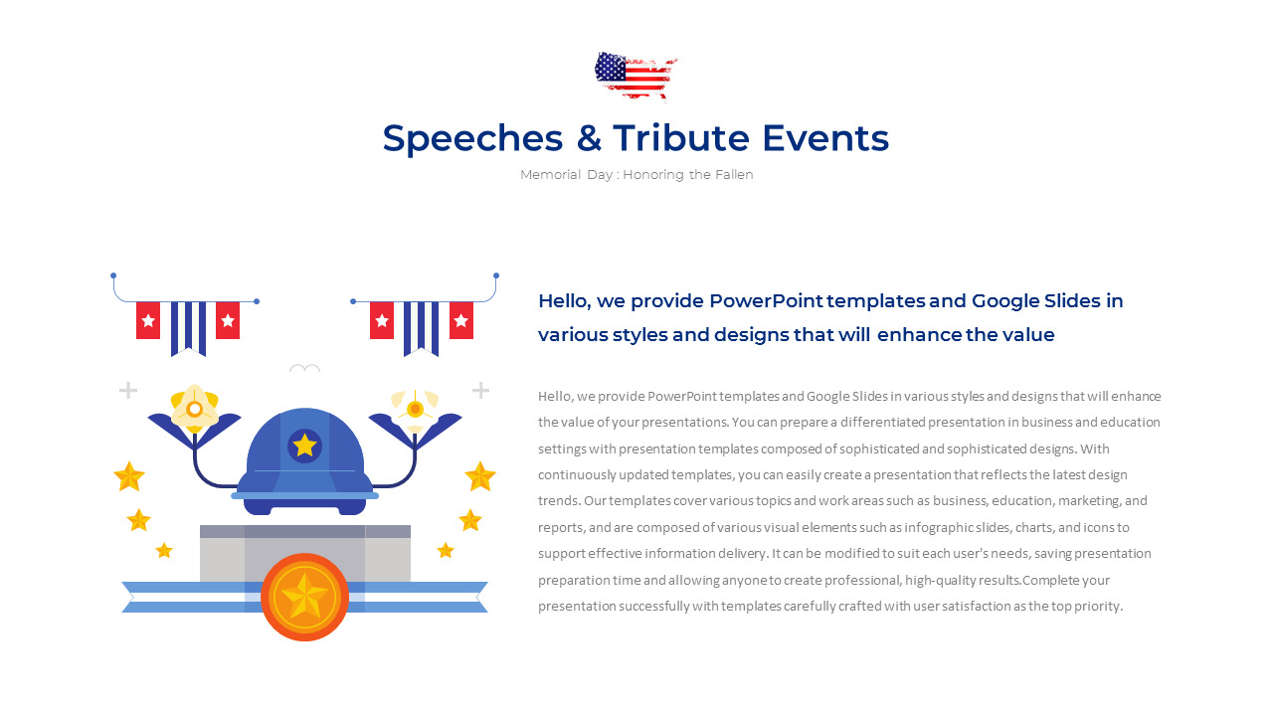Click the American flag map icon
635,76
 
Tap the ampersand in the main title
589,138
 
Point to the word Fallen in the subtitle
734,175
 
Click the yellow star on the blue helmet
304,446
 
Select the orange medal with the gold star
304,597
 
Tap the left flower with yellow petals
195,408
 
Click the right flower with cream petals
415,408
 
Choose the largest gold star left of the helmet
129,476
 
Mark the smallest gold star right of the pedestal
446,550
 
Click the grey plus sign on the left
128,390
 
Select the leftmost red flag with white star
148,320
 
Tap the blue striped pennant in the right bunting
421,326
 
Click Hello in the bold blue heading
563,301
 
